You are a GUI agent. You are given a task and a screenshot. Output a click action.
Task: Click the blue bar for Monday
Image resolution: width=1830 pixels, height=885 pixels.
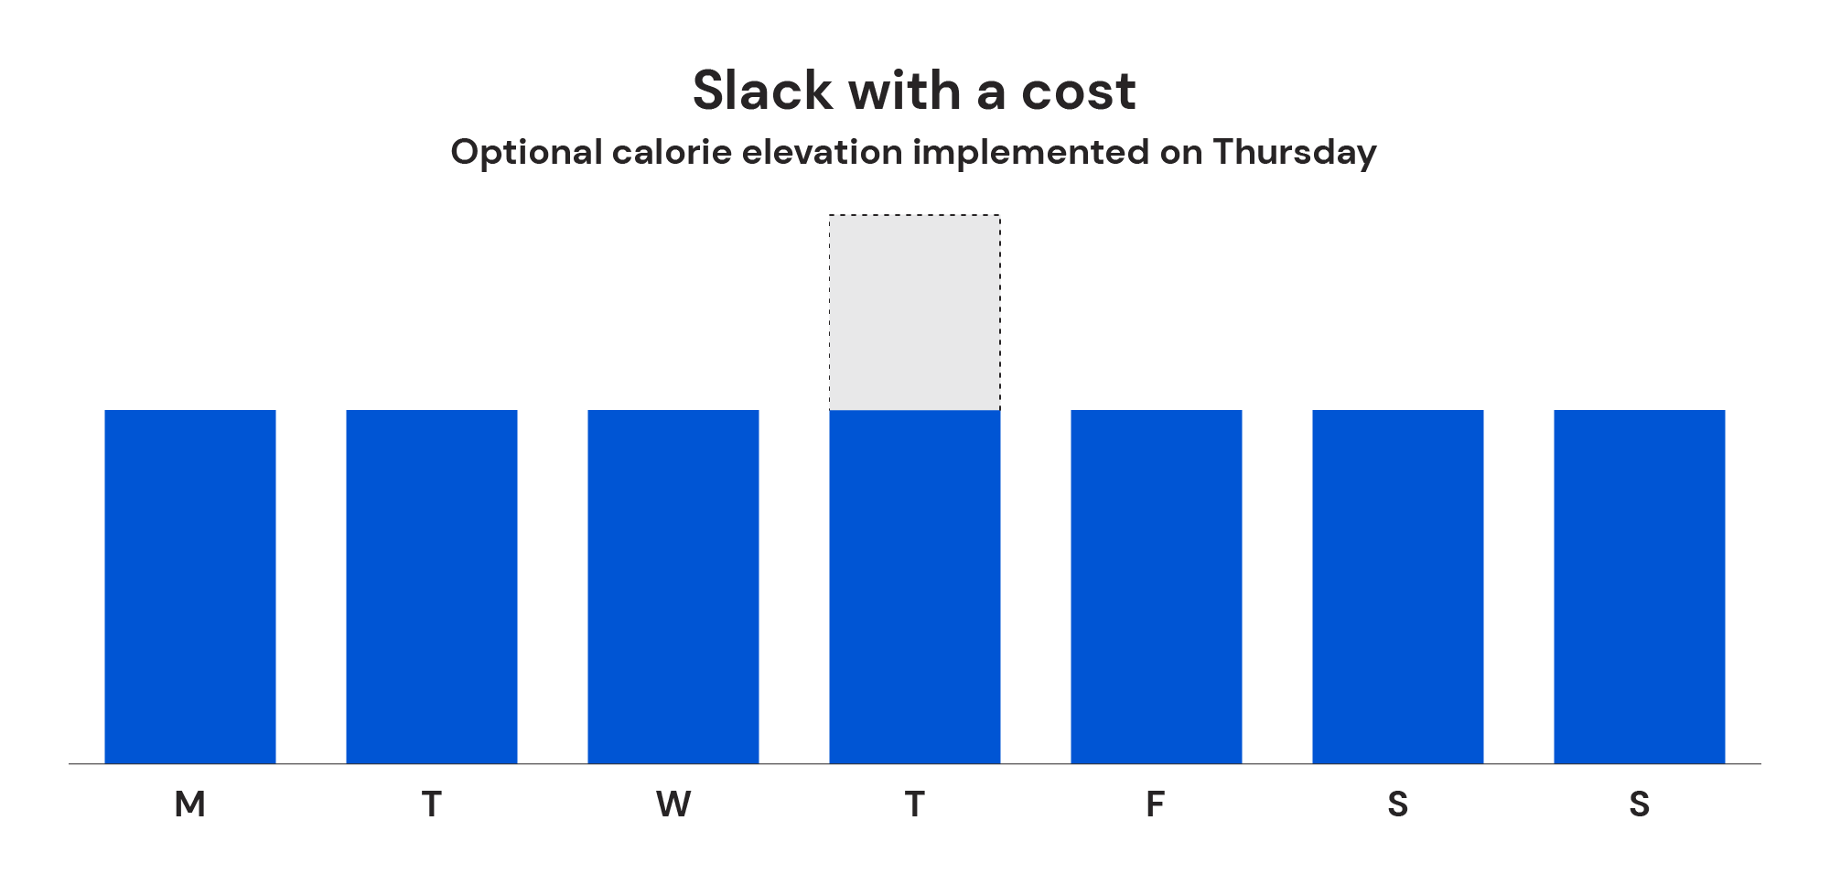(x=190, y=586)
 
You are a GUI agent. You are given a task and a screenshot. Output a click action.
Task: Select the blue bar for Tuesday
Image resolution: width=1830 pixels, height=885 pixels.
(x=432, y=586)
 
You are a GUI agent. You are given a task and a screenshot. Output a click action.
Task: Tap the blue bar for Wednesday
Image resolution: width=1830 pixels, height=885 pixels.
(x=673, y=586)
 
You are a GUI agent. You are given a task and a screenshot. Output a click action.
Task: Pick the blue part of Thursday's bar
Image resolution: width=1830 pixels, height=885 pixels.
(x=915, y=586)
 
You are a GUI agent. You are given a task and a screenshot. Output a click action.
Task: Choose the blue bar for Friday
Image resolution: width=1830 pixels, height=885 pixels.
(x=1157, y=586)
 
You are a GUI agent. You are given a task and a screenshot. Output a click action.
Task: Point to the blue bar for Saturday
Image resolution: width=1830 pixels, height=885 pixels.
(x=1398, y=586)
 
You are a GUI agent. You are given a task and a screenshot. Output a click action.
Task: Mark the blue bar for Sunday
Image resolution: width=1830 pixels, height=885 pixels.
(x=1640, y=586)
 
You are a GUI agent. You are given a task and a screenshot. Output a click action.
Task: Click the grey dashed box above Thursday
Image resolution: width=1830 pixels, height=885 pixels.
(x=915, y=312)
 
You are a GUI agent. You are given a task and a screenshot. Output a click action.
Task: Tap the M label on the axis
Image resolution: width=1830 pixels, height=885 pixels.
(x=190, y=804)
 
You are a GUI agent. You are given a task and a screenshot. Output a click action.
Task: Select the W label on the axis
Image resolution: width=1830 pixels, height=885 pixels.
(x=673, y=804)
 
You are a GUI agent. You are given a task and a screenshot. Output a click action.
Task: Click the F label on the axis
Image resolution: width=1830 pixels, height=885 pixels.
(x=1156, y=804)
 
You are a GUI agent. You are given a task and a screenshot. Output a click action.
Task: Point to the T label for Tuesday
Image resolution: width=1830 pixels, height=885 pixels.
(x=432, y=804)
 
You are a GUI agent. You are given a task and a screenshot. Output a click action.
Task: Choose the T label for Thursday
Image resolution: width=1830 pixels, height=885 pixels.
(x=915, y=804)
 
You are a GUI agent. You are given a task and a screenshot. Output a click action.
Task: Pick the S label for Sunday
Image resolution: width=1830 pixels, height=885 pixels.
(x=1640, y=804)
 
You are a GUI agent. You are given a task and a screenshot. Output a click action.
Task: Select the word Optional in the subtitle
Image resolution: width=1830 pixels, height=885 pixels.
(x=526, y=153)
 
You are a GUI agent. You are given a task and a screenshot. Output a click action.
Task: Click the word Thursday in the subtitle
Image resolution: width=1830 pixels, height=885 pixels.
(x=1295, y=153)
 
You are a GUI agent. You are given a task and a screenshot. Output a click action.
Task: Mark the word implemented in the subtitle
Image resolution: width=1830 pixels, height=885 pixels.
(x=1030, y=153)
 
